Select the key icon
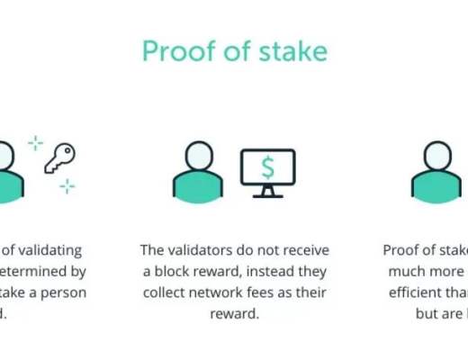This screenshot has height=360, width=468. tap(59, 158)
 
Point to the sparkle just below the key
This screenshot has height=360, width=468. tap(67, 186)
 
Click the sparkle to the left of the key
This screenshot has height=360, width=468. tap(35, 142)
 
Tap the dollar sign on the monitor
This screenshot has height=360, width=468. tap(267, 167)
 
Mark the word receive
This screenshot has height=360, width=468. tap(304, 250)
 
